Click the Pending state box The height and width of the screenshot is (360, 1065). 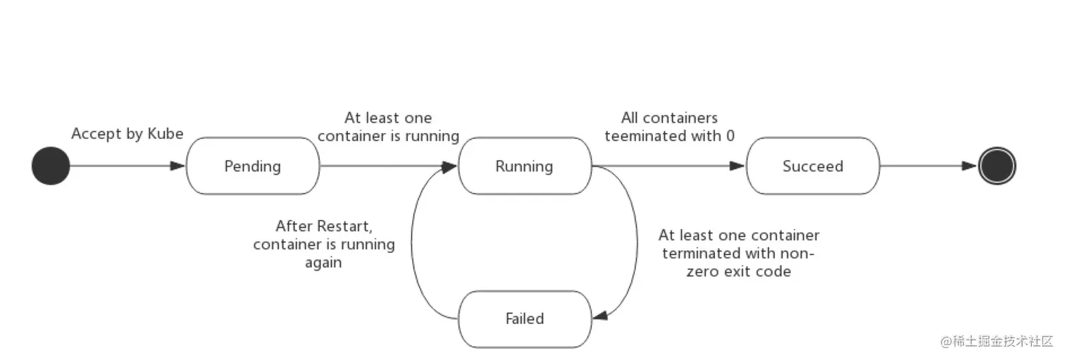pyautogui.click(x=252, y=166)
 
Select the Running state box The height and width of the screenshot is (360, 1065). pyautogui.click(x=525, y=166)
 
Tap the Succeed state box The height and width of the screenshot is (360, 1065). pyautogui.click(x=813, y=166)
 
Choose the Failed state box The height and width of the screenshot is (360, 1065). pyautogui.click(x=525, y=319)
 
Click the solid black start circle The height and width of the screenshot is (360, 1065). pyautogui.click(x=51, y=166)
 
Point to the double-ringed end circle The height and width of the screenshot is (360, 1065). pyautogui.click(x=997, y=166)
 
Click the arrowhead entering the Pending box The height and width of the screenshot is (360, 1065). pyautogui.click(x=177, y=166)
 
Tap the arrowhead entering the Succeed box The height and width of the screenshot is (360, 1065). pyautogui.click(x=737, y=166)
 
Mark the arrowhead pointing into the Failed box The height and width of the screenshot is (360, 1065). pyautogui.click(x=600, y=316)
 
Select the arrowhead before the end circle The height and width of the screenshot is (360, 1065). pyautogui.click(x=969, y=166)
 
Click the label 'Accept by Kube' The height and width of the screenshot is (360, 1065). pyautogui.click(x=127, y=134)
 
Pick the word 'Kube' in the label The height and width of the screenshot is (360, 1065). pyautogui.click(x=166, y=133)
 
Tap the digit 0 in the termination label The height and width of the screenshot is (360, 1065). pyautogui.click(x=730, y=136)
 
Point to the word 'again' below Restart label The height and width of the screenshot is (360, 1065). pyautogui.click(x=323, y=263)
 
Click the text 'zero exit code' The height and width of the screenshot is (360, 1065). pyautogui.click(x=739, y=271)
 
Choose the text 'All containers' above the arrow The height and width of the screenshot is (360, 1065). pyautogui.click(x=669, y=118)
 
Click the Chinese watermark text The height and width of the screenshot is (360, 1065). pyautogui.click(x=996, y=341)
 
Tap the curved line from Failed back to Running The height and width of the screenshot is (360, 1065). pyautogui.click(x=412, y=242)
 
